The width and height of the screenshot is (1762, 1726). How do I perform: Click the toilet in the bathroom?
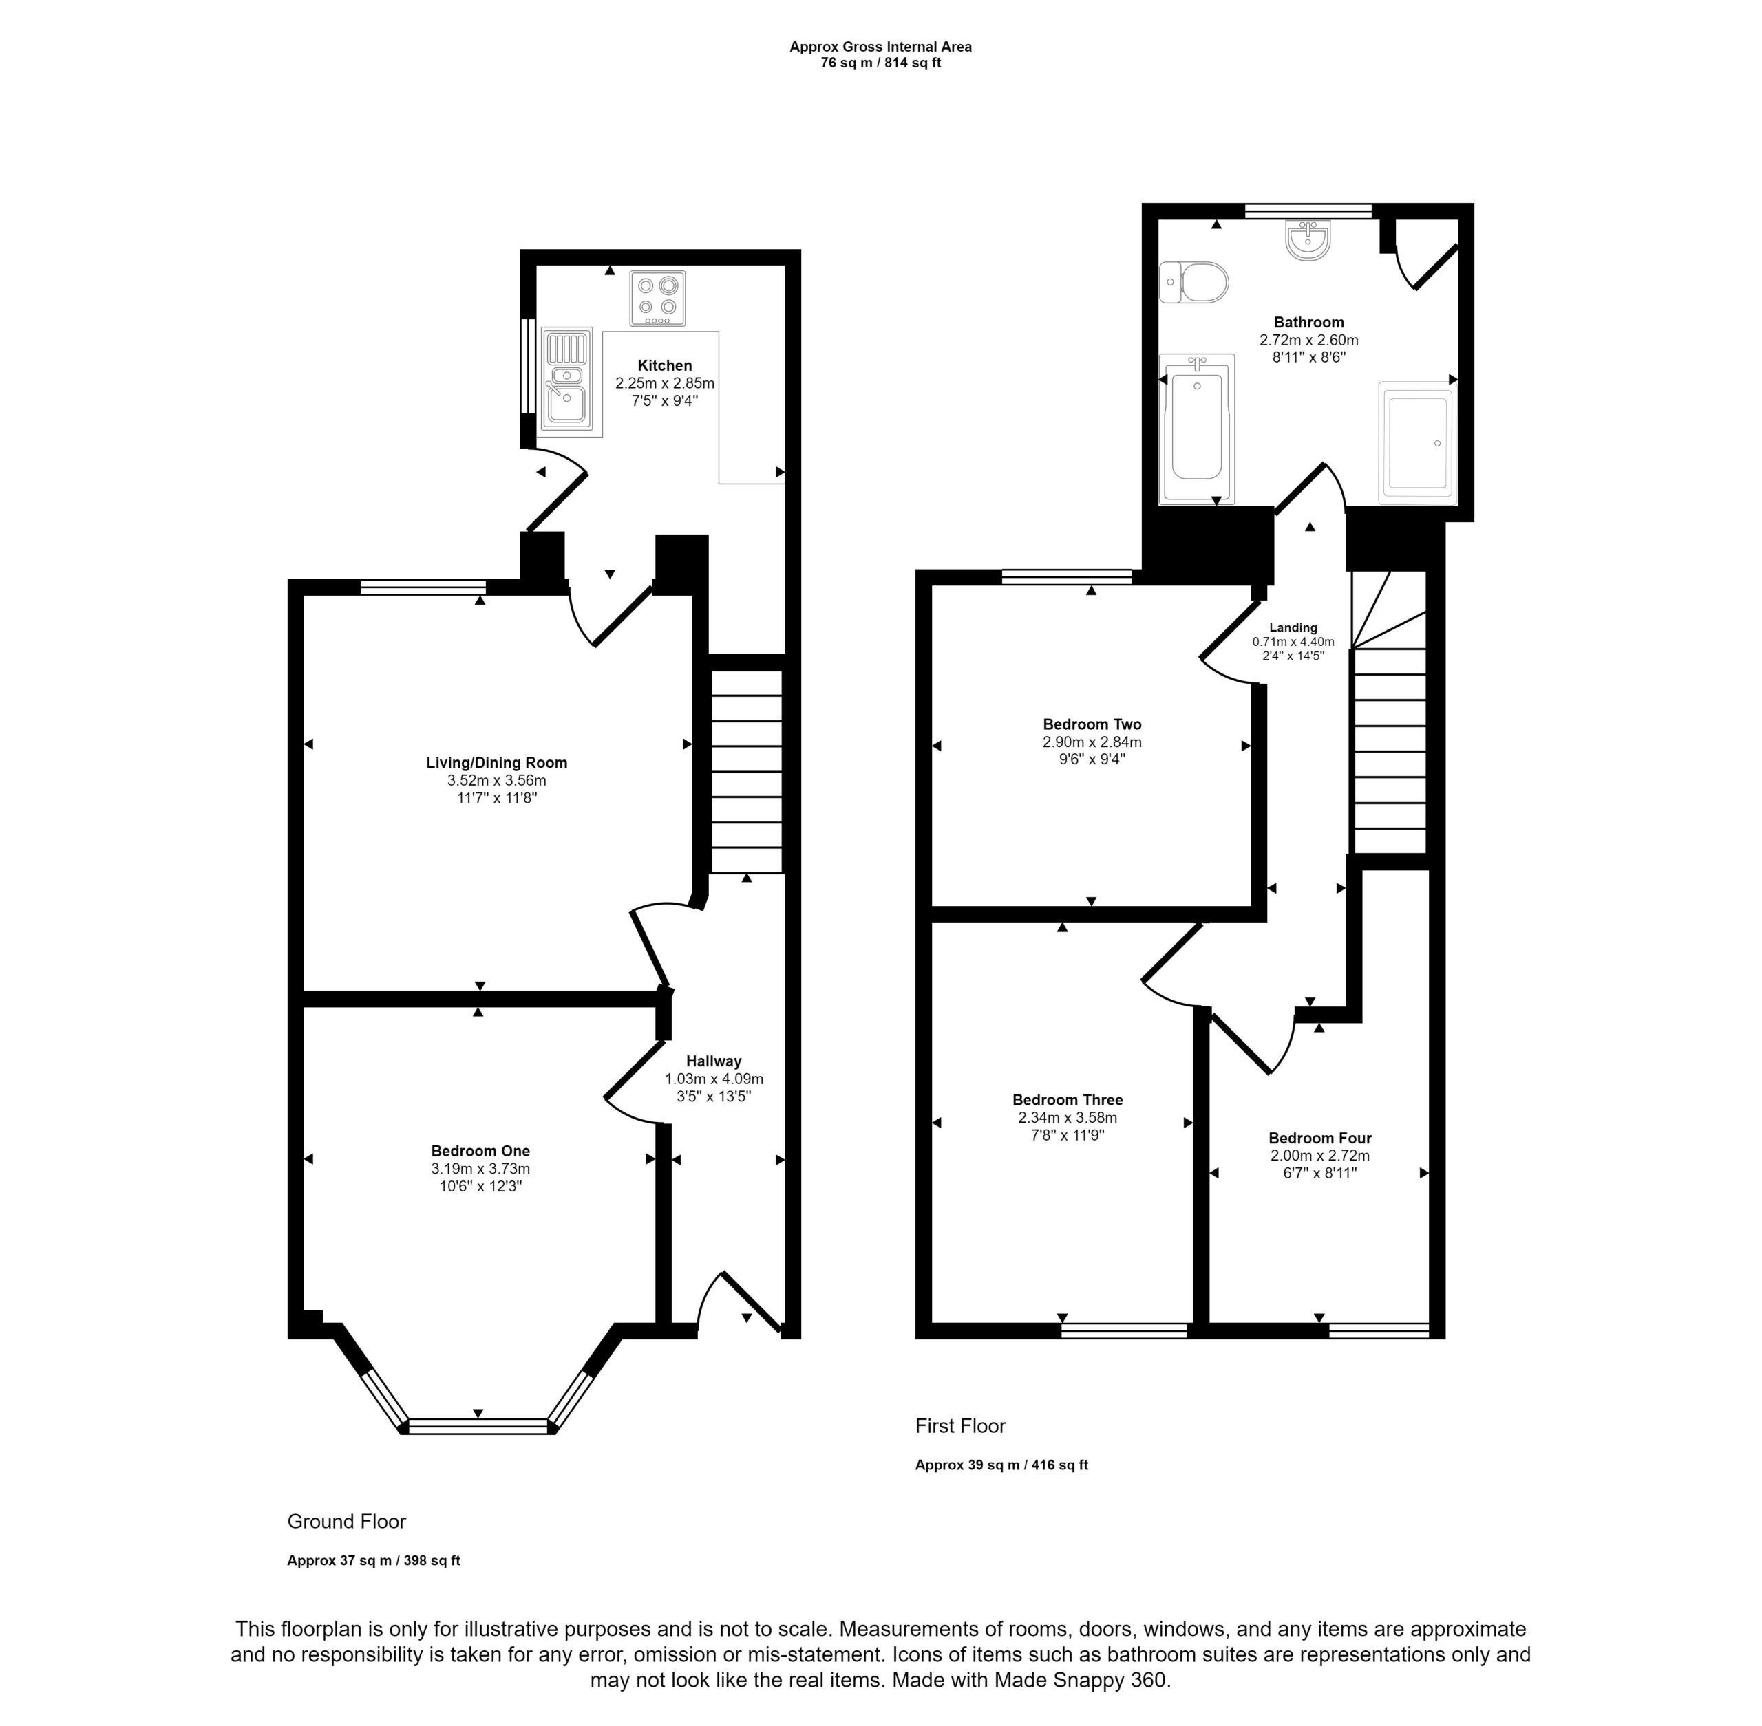1193,282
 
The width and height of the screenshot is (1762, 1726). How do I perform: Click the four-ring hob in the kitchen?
657,299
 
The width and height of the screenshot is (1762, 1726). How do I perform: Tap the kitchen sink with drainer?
566,380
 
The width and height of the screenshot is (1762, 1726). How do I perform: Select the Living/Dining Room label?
497,762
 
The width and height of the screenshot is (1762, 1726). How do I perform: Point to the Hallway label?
714,1061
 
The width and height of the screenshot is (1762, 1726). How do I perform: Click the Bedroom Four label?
1319,1138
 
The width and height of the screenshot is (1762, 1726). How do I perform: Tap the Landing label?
1293,627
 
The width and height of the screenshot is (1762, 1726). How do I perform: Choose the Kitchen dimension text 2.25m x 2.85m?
665,383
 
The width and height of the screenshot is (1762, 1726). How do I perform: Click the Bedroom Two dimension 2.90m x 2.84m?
1092,742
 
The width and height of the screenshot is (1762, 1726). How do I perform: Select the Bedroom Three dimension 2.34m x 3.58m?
1068,1118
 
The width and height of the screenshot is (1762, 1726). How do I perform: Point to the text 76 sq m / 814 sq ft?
880,63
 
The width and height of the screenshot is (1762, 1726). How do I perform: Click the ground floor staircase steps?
745,771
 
